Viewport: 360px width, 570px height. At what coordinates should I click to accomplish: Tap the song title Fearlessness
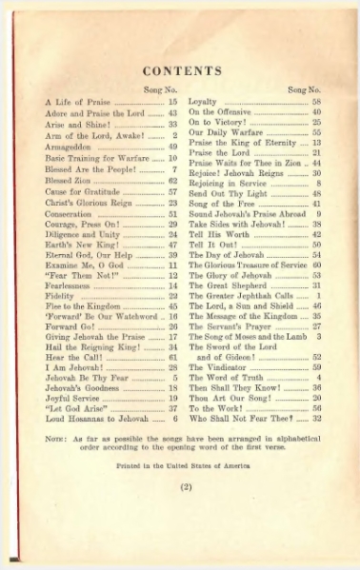(x=69, y=285)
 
